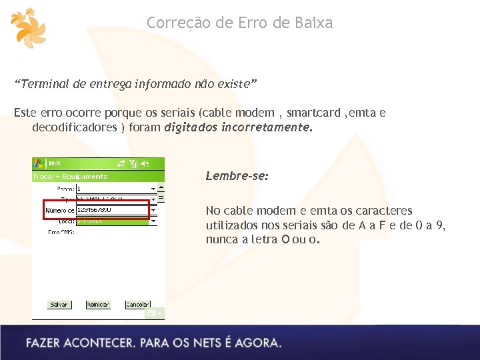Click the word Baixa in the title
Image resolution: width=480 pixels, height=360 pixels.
coord(311,23)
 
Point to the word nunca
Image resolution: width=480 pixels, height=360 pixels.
coord(221,239)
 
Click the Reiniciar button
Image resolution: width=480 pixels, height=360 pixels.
coord(97,305)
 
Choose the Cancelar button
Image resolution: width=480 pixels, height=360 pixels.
coord(137,305)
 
